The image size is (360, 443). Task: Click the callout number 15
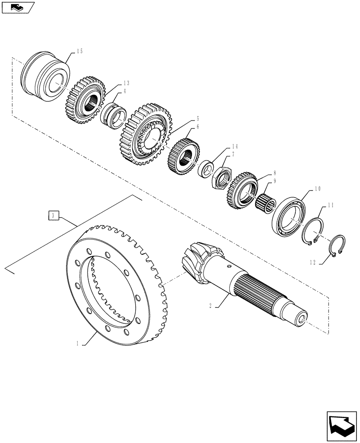coord(79,51)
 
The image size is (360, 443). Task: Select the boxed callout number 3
coord(53,216)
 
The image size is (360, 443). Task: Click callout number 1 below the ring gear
coord(78,343)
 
